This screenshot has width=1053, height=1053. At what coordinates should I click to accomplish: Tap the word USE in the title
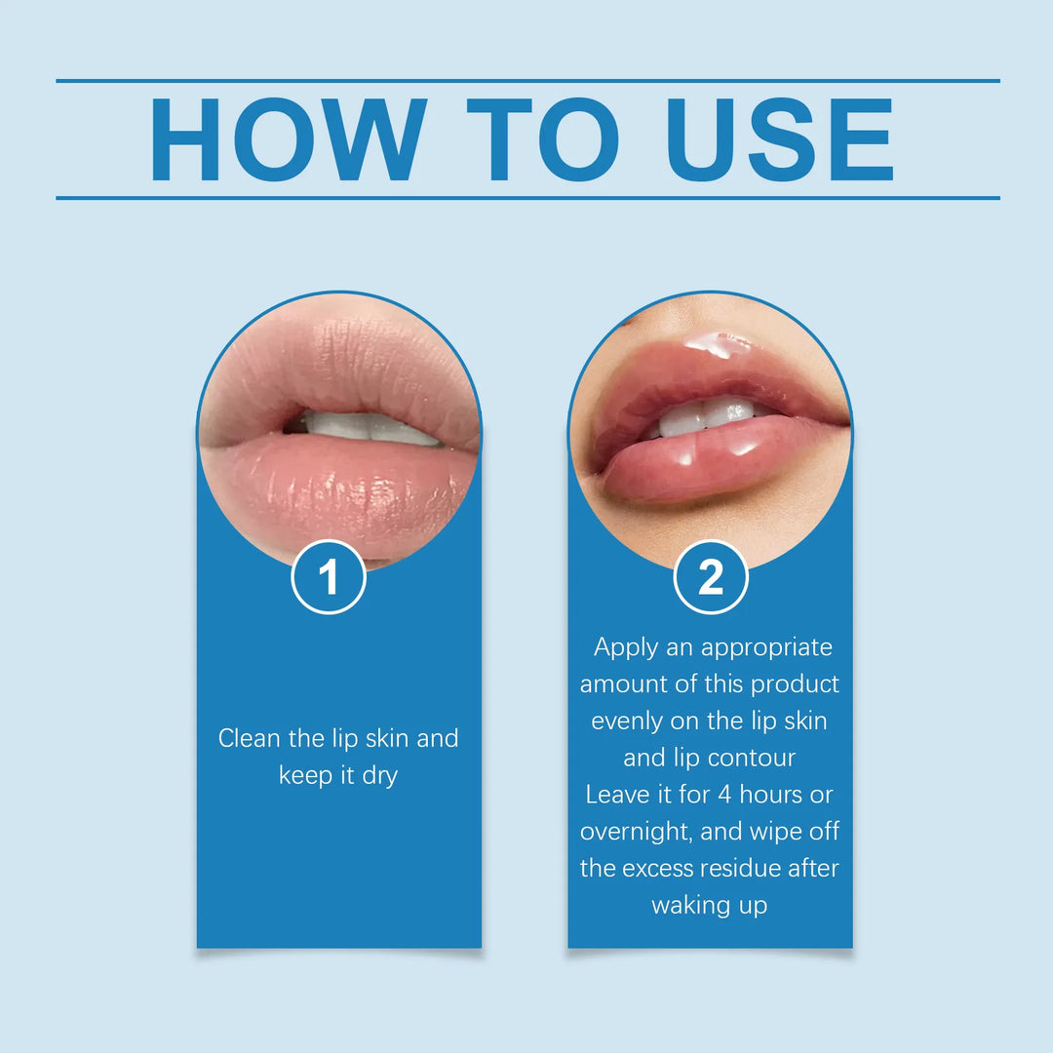point(781,139)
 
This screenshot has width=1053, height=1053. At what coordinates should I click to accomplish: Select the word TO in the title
point(542,139)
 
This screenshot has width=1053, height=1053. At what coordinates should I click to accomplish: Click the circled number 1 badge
point(329,577)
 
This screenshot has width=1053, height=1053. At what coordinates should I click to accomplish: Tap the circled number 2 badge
point(711,577)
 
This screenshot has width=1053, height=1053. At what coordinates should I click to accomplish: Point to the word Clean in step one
point(251,738)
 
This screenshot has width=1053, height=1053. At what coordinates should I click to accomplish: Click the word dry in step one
point(377,776)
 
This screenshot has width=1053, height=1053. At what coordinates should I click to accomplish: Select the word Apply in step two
point(626,647)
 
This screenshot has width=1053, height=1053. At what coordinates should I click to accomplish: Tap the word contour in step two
point(751,759)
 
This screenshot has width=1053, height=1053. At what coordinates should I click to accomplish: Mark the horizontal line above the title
point(527,81)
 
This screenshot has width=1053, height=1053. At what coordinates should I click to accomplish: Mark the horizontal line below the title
point(527,198)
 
